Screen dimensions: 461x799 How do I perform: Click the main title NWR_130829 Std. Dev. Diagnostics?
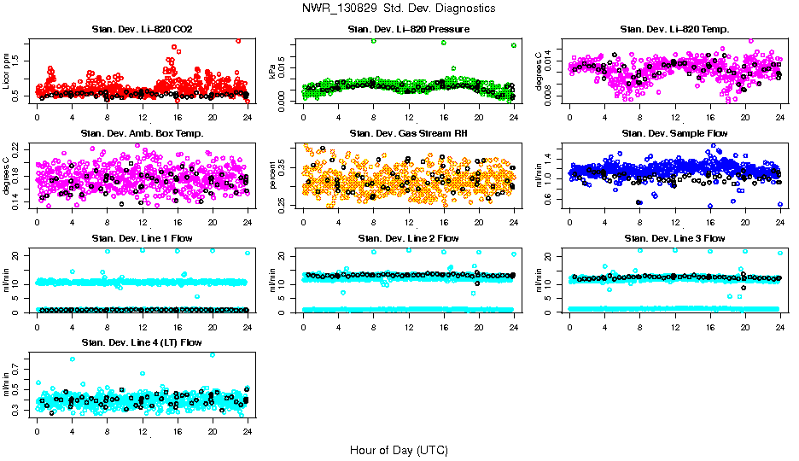[x=399, y=8]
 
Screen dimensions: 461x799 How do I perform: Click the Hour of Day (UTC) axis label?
[x=399, y=450]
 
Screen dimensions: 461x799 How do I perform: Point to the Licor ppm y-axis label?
[x=7, y=72]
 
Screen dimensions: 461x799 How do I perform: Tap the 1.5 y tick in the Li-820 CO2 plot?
[x=19, y=61]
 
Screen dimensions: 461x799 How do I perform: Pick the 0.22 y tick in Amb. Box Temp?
[x=19, y=148]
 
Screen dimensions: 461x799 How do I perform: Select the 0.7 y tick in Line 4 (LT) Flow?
[x=19, y=370]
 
